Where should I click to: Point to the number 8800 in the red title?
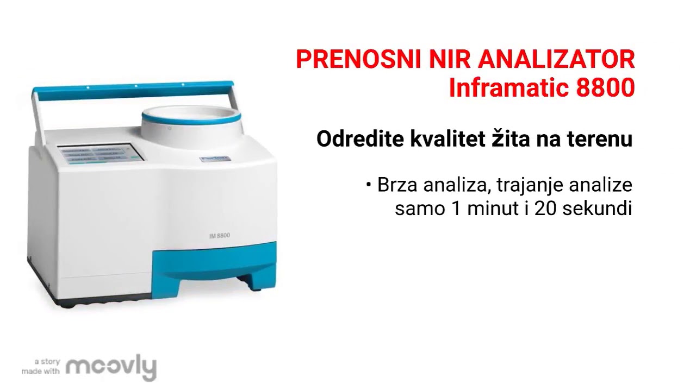coord(605,89)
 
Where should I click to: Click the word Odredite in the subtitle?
coord(357,139)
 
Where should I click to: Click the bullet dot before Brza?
coord(369,185)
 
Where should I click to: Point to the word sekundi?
coord(597,209)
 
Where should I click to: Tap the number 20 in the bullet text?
coord(546,209)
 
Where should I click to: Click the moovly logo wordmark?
coord(111,368)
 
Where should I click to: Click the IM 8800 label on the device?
coord(219,235)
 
